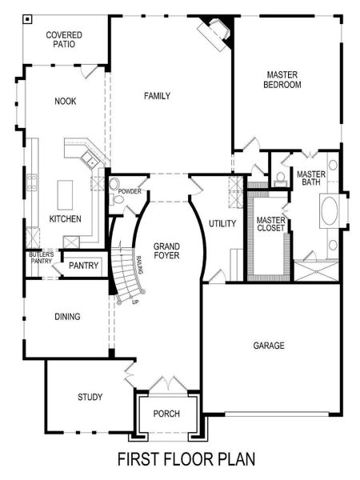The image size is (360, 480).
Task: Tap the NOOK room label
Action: pos(66,102)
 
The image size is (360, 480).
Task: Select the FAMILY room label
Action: pos(158,96)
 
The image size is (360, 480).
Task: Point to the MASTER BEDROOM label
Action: pos(283,80)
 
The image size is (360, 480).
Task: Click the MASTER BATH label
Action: pos(310,178)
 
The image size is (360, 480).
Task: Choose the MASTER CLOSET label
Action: pos(270,224)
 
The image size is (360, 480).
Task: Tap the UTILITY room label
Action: pos(222,224)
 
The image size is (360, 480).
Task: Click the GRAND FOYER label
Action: pos(166,250)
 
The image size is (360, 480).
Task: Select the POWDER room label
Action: pos(130,192)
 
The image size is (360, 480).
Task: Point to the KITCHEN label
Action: pos(65,218)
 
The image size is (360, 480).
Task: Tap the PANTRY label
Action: pos(83,266)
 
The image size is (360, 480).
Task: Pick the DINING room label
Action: pos(67,317)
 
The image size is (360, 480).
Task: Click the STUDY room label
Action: pos(90,397)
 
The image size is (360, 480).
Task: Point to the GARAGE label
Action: pos(269,346)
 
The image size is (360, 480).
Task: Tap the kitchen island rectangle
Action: pos(66,192)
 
